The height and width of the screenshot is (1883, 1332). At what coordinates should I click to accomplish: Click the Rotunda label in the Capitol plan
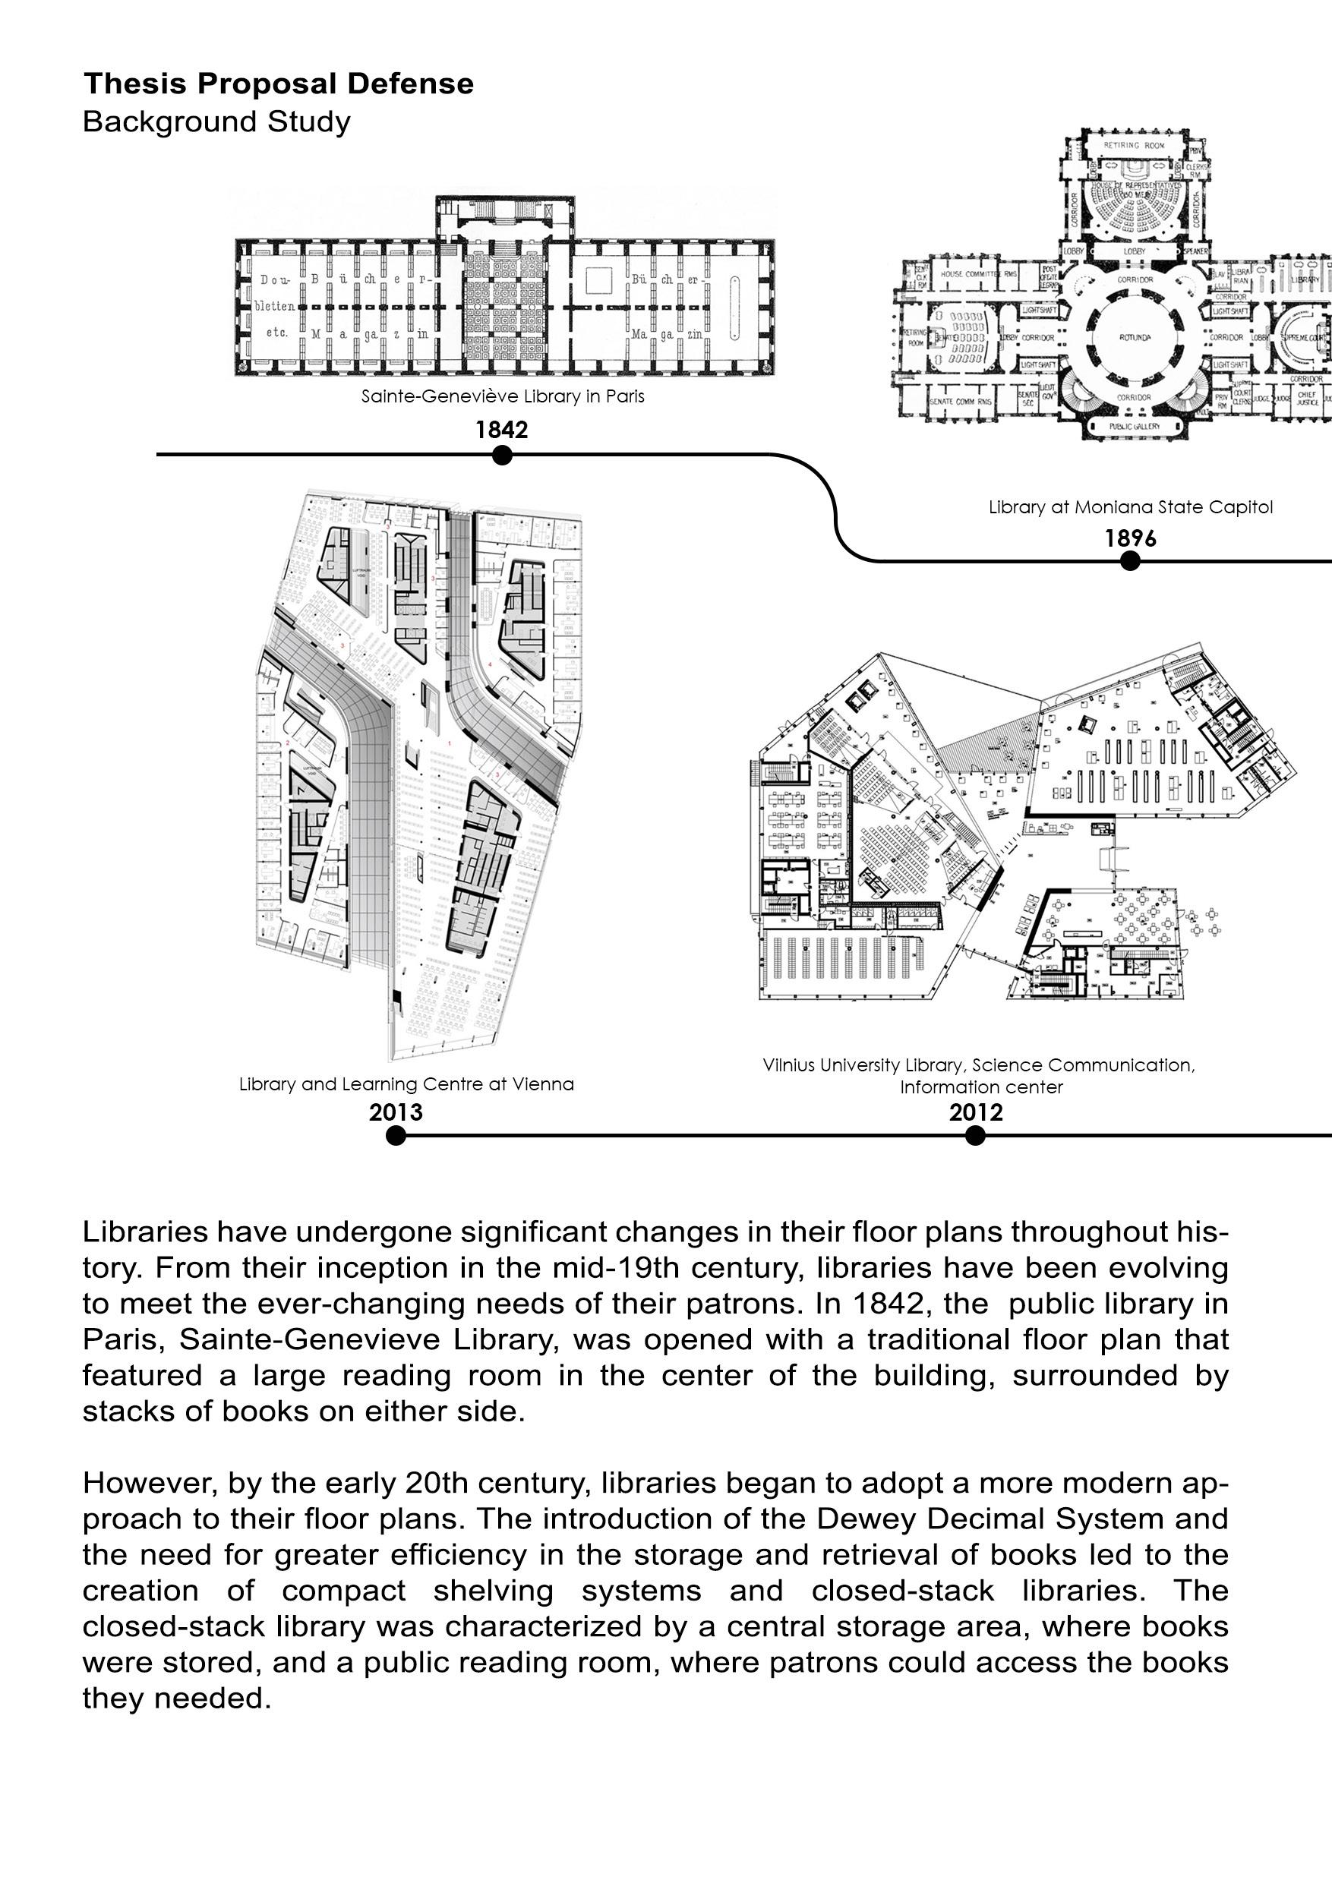pyautogui.click(x=1135, y=337)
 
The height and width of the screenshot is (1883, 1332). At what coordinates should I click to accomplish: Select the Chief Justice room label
pyautogui.click(x=1307, y=398)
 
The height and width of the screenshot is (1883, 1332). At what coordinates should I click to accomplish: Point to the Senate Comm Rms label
pyautogui.click(x=961, y=401)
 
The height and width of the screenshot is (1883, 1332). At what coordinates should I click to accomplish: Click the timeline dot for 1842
pyautogui.click(x=502, y=454)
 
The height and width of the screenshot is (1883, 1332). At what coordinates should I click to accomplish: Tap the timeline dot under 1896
pyautogui.click(x=1129, y=560)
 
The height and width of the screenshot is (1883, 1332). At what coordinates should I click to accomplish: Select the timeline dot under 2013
pyautogui.click(x=396, y=1135)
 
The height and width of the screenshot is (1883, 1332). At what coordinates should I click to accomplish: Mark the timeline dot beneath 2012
pyautogui.click(x=974, y=1135)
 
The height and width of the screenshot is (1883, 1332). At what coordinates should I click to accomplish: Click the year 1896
pyautogui.click(x=1129, y=538)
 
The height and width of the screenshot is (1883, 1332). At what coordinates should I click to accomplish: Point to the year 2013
pyautogui.click(x=396, y=1112)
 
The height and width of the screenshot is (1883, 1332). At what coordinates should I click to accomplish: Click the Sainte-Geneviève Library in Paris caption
pyautogui.click(x=503, y=396)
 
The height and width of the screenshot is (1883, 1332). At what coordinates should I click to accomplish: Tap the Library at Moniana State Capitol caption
pyautogui.click(x=1130, y=507)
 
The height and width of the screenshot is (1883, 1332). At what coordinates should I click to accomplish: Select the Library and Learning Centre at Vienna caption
pyautogui.click(x=406, y=1084)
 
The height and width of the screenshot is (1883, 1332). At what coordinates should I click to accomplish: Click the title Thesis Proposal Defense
pyautogui.click(x=278, y=84)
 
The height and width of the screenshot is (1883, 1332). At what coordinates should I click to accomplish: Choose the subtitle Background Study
pyautogui.click(x=216, y=121)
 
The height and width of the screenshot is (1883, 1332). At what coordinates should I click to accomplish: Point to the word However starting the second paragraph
pyautogui.click(x=150, y=1483)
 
